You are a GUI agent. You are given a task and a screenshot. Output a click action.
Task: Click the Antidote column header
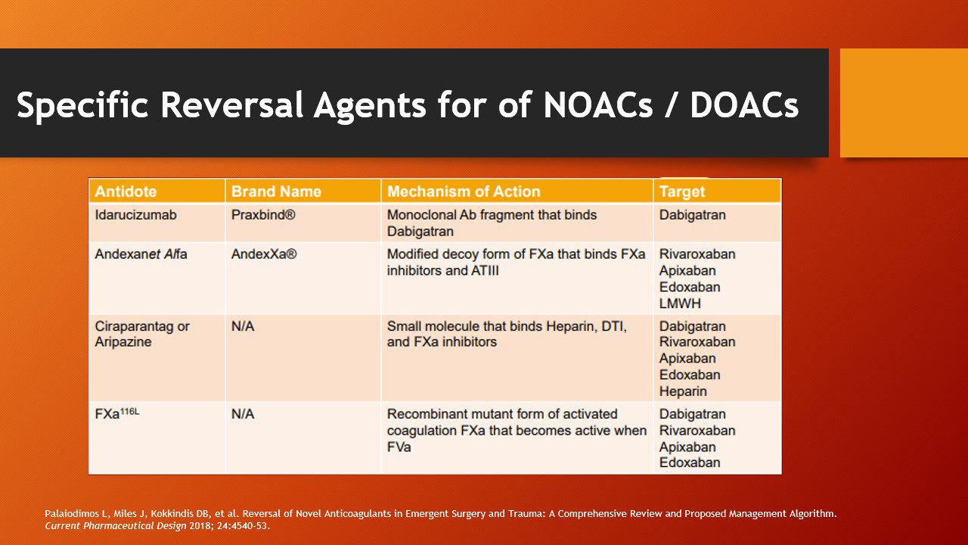click(126, 192)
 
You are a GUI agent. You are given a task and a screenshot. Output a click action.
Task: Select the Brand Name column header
click(276, 192)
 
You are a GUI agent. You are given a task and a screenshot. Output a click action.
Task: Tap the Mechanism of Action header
click(464, 192)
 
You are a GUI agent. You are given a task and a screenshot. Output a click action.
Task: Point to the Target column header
click(682, 192)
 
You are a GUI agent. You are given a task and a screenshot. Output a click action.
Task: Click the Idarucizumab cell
click(135, 215)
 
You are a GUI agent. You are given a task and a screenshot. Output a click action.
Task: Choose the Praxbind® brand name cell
click(263, 215)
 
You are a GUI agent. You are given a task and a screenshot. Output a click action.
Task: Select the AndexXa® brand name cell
click(264, 254)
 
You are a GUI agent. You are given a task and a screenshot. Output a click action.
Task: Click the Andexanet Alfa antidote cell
click(141, 254)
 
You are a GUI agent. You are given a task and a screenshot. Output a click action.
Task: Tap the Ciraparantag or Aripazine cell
click(142, 334)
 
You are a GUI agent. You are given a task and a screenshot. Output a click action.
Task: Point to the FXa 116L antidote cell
click(117, 413)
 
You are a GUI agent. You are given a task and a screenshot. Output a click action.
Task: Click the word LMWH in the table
click(680, 304)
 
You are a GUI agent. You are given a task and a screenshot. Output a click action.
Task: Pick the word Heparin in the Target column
click(683, 391)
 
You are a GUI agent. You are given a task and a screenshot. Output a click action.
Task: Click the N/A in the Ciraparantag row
click(243, 326)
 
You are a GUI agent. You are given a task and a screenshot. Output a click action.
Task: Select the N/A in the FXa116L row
click(243, 414)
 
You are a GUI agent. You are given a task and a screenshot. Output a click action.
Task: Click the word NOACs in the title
click(597, 104)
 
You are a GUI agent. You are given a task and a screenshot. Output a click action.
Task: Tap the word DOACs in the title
click(744, 104)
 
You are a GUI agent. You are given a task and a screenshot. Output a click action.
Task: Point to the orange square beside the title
click(904, 103)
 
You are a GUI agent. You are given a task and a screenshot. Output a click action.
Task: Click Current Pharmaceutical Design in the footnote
click(116, 526)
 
